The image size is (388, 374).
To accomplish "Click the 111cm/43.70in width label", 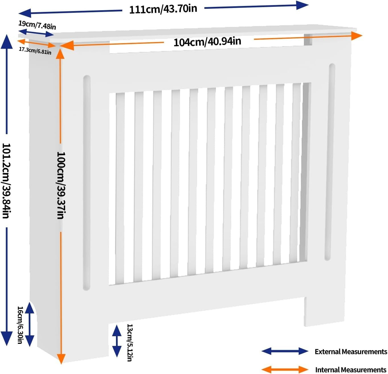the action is (x=163, y=9).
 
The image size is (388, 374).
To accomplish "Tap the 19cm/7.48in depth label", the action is (x=37, y=25).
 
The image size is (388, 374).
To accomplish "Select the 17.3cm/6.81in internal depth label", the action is (x=35, y=51).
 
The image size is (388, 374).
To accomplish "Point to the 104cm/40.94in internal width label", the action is (x=207, y=42).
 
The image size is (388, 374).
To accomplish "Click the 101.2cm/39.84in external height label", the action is (x=6, y=181).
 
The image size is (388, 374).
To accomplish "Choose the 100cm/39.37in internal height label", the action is (x=61, y=185).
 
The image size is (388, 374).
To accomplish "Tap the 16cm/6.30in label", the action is (x=20, y=325).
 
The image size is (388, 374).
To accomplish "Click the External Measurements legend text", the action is (x=351, y=351).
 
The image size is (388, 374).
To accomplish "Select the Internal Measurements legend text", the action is (x=351, y=369).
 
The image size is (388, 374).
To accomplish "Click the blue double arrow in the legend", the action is (x=285, y=351).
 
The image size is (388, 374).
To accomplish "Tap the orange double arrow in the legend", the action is (x=285, y=369).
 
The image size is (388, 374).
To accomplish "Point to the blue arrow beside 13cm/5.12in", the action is (x=117, y=341).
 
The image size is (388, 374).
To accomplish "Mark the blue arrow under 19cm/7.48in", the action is (x=36, y=33).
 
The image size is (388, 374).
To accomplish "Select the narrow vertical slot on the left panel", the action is (x=86, y=182).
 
